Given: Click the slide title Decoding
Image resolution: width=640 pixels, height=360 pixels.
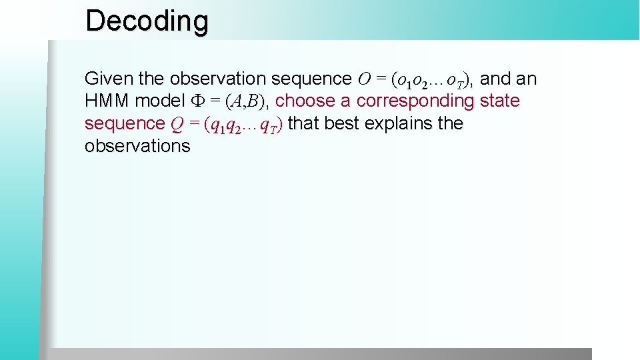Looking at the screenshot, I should pos(147,21).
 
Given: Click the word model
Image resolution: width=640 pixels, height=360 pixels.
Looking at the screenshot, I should pos(160,101).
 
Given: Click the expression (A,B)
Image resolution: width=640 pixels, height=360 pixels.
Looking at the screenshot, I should pos(247,101).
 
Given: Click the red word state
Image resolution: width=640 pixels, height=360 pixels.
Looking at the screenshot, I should pos(499,101).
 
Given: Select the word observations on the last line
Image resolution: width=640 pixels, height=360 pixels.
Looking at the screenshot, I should pos(137,146).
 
